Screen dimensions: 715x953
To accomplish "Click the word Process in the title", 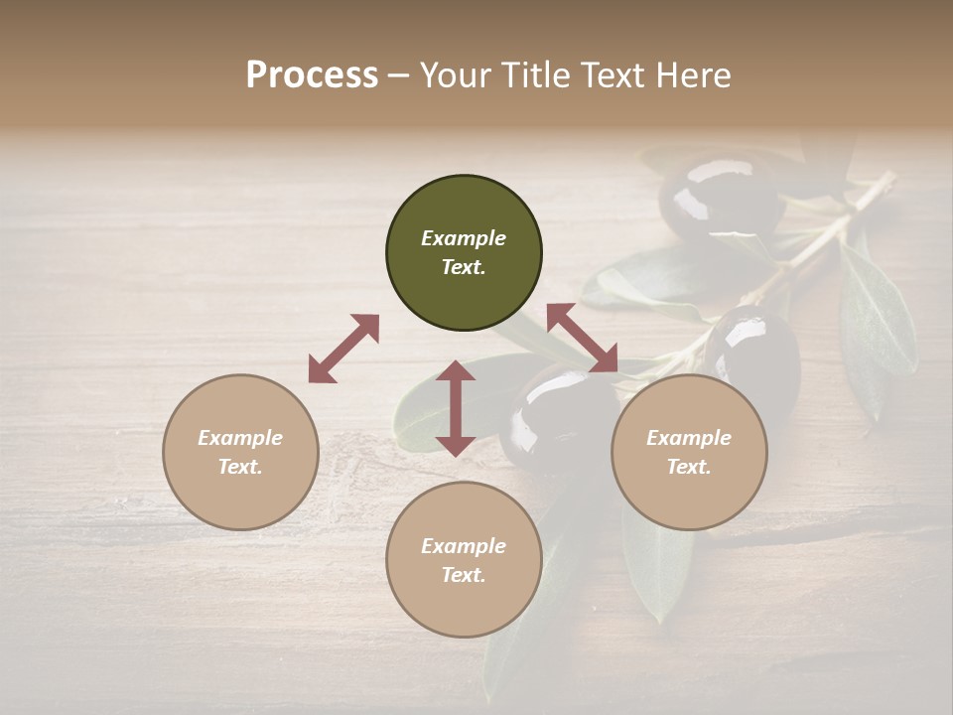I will tap(312, 75).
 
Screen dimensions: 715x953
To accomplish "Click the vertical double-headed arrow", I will tap(456, 408).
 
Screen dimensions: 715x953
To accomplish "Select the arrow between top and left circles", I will tap(343, 349).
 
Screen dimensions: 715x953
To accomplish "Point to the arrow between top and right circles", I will tap(582, 339).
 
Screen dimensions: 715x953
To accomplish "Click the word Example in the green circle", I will tap(464, 238).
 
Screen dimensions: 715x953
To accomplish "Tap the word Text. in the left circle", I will tap(240, 467).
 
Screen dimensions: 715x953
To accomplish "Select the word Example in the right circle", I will tap(689, 438).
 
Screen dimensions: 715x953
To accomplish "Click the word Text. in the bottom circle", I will tap(464, 575).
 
